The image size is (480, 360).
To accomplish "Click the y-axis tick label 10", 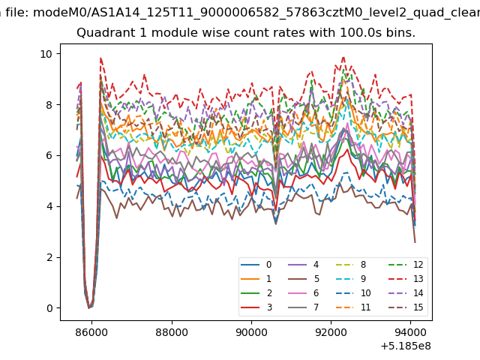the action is (46, 54).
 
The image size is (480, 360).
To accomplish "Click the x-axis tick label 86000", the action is (91, 332).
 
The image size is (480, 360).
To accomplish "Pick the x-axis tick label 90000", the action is (251, 332).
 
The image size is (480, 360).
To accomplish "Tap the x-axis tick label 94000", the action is (410, 332).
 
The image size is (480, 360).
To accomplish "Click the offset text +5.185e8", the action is (406, 346).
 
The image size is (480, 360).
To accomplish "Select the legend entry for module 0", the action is (256, 265).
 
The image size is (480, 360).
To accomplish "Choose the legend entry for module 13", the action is (406, 279).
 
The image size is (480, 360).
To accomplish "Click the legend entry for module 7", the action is (304, 307).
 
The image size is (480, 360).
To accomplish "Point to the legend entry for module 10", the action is (353, 293).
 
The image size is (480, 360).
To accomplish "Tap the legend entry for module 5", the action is (304, 279).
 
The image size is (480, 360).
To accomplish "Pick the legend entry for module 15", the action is (406, 307).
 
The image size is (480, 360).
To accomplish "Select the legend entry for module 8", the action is (351, 265).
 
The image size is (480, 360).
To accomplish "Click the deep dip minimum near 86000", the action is (89, 307).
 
